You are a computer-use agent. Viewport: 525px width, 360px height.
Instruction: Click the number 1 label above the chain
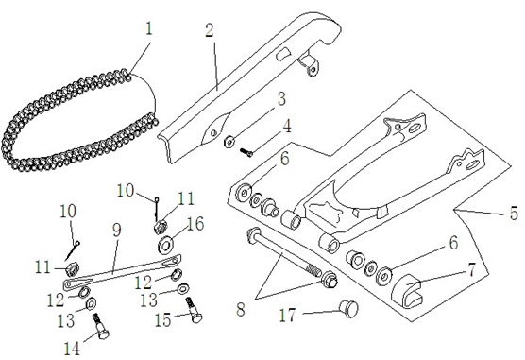click(x=149, y=28)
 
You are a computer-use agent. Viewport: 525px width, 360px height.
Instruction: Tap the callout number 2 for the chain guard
click(x=210, y=30)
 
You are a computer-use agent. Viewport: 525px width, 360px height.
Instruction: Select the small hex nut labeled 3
click(x=229, y=142)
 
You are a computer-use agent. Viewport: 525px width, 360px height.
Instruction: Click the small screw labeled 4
click(x=246, y=153)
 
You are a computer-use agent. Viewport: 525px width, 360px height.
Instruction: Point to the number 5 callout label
click(x=514, y=214)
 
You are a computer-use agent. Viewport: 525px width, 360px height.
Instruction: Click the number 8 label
click(x=241, y=309)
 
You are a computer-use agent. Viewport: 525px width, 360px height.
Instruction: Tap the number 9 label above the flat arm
click(x=116, y=230)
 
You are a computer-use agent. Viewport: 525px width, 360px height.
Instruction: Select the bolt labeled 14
click(x=101, y=327)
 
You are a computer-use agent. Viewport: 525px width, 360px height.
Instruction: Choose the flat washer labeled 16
click(x=165, y=245)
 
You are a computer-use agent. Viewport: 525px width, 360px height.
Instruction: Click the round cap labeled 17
click(x=348, y=309)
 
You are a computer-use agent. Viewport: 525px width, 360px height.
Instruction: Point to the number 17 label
click(x=288, y=316)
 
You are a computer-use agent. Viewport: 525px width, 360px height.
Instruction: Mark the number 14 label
click(x=73, y=349)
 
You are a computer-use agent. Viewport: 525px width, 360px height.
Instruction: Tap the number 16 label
click(x=195, y=224)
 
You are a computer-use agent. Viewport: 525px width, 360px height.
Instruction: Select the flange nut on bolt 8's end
click(x=330, y=279)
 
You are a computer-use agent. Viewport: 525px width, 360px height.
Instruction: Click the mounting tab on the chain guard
click(x=309, y=64)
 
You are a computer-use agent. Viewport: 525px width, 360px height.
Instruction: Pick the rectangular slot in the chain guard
click(x=283, y=55)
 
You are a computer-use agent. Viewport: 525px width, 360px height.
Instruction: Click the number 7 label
click(x=471, y=270)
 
